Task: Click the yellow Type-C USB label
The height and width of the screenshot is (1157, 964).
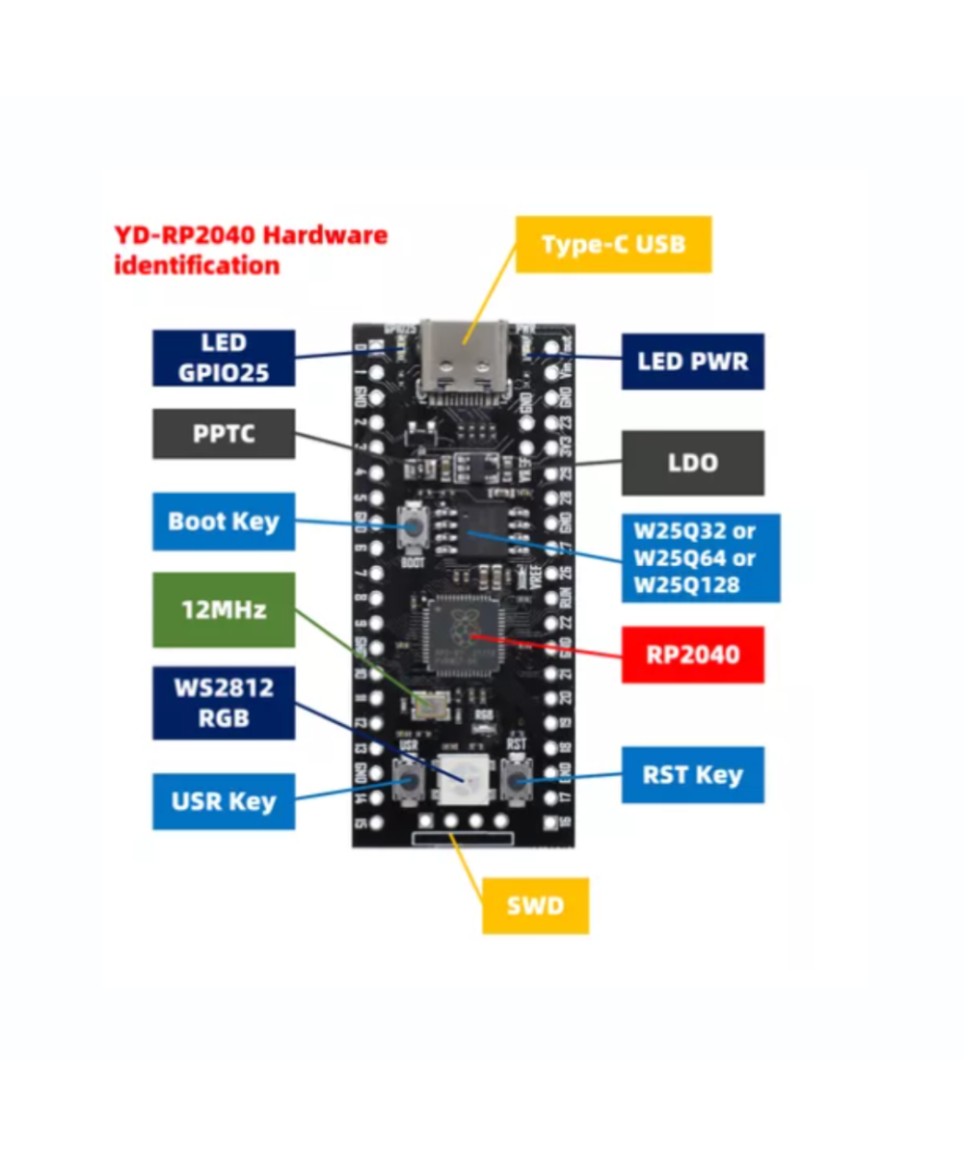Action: [x=613, y=244]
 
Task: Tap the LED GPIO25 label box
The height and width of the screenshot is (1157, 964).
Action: [x=224, y=358]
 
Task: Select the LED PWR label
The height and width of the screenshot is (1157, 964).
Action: [x=692, y=362]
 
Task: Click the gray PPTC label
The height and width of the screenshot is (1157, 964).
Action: [x=224, y=434]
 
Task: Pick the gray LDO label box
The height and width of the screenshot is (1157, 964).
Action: [x=692, y=463]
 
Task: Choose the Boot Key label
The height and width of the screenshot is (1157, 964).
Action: [x=224, y=522]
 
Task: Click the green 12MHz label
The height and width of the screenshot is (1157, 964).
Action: [x=224, y=609]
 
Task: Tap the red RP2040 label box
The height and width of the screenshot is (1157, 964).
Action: [x=692, y=655]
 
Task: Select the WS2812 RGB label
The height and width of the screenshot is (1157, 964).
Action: [x=224, y=703]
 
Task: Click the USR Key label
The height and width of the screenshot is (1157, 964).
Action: [x=224, y=801]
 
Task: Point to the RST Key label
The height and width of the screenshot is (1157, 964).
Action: [x=692, y=774]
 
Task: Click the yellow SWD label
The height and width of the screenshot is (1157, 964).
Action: [x=535, y=906]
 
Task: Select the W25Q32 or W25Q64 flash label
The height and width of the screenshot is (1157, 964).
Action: [x=701, y=557]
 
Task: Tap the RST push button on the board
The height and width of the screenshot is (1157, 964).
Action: [x=517, y=779]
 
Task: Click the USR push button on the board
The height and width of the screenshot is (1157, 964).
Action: [x=408, y=779]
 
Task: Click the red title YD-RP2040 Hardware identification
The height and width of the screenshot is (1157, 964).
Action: [x=251, y=250]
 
